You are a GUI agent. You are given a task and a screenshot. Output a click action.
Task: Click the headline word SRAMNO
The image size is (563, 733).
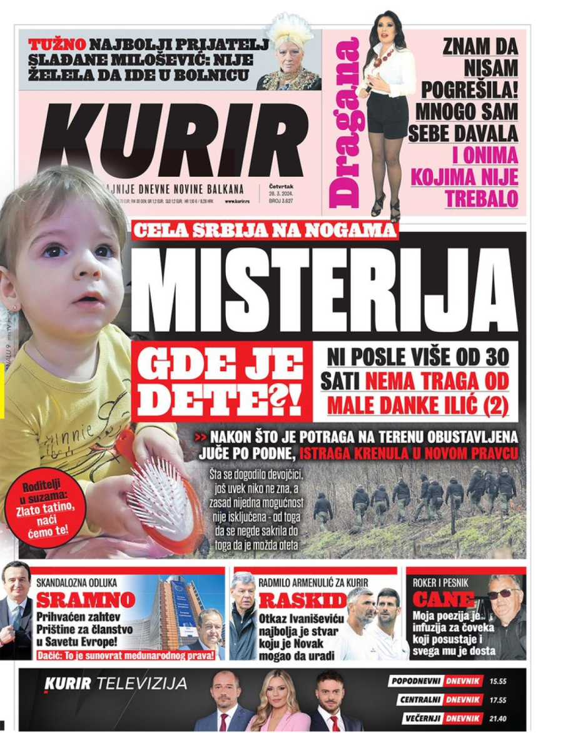[x=78, y=601]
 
